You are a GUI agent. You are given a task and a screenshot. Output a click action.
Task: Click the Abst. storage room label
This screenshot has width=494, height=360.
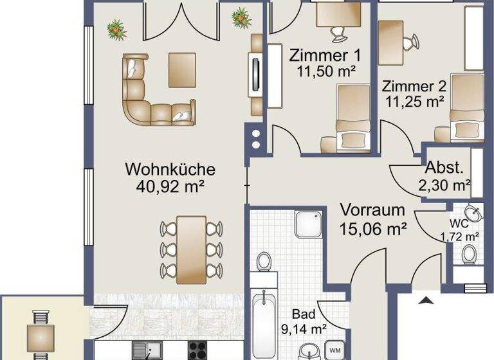[444, 169]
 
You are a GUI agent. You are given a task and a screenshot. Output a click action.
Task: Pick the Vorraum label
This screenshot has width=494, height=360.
[372, 210]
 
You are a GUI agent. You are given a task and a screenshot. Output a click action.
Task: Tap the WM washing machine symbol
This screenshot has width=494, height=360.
[335, 350]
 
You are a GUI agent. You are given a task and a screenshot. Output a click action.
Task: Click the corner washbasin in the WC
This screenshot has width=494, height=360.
[474, 213]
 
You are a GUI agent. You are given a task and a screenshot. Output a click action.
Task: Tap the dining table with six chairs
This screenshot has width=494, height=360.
[192, 249]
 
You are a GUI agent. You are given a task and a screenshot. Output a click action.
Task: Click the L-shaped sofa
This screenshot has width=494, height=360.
[151, 93]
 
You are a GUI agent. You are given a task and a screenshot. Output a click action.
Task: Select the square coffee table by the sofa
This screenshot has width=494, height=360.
[182, 69]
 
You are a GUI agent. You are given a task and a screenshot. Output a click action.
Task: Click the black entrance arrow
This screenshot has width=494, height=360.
[424, 298]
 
